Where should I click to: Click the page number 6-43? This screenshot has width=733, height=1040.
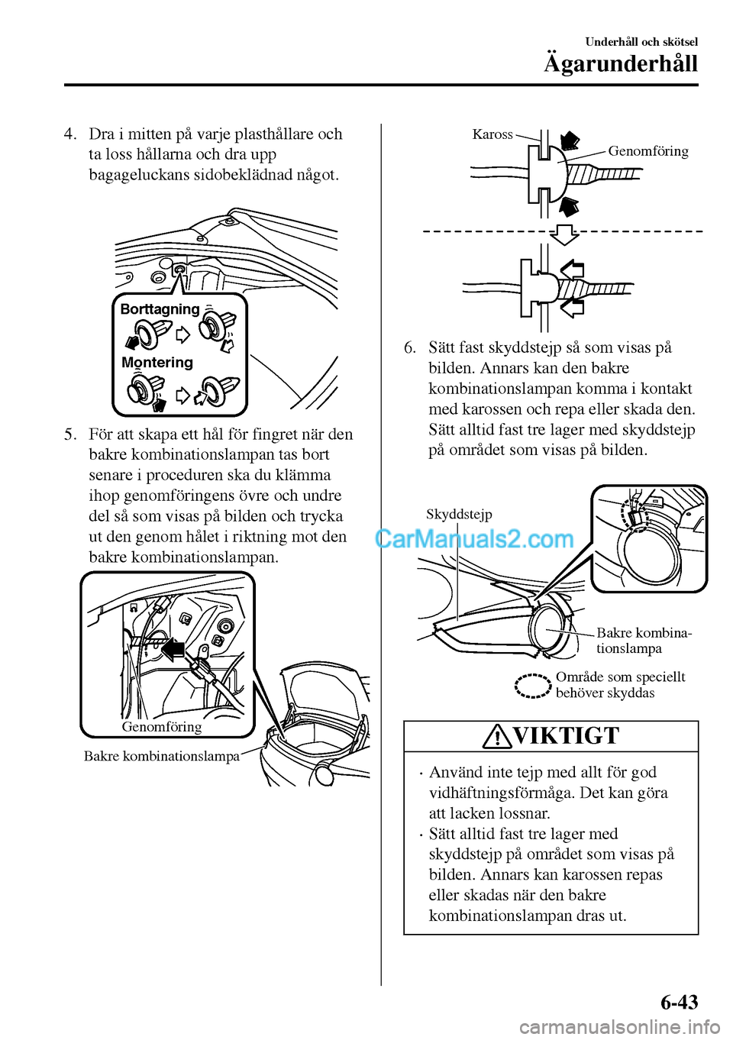pos(679,1002)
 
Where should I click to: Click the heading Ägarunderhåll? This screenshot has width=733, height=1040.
pos(620,63)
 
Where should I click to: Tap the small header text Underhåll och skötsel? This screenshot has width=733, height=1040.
pos(641,42)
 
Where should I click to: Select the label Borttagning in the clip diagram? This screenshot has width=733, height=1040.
pos(160,309)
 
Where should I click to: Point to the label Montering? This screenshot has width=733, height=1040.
pos(157,363)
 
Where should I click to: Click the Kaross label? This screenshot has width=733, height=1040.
pos(492,134)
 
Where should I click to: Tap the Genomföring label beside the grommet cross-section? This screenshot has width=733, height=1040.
pos(648,151)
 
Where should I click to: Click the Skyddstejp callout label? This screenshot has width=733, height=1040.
pos(459,514)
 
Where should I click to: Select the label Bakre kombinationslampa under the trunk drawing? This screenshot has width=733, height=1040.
pos(162,756)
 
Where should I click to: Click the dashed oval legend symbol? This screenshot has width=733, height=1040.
pos(532,686)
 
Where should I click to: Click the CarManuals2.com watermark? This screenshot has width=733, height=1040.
pos(474,539)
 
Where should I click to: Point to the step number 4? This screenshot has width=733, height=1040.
pos(70,134)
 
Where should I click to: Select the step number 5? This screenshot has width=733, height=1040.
pos(70,434)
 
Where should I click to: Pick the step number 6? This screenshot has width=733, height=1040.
pos(410,348)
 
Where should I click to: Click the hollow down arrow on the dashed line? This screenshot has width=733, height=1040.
pos(564,233)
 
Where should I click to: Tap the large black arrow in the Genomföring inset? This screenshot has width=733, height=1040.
pos(173,649)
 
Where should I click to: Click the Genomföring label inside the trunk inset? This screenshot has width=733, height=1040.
pos(162,727)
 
